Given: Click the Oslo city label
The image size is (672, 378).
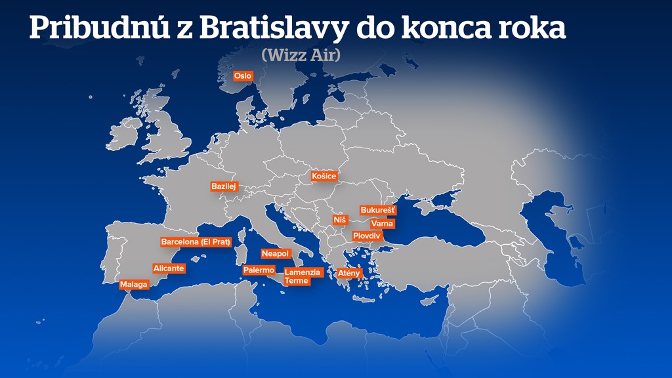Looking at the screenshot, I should tap(243, 76).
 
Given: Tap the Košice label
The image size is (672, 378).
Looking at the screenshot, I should tap(324, 176).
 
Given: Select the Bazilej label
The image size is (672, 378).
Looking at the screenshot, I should tap(223, 186).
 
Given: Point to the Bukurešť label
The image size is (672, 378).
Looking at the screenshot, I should tap(378, 211).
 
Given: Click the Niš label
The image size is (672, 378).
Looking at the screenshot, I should tap(339, 220).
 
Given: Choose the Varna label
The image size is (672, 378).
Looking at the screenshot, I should tap(382, 224).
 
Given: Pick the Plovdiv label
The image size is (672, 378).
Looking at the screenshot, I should tap(367, 236).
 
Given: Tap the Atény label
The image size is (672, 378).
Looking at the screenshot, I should tap(348, 272).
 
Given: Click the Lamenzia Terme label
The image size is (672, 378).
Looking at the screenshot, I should tap(303, 276).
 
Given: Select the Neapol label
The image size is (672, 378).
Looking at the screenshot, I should tap(275, 253).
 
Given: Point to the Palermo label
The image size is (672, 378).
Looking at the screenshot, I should tap(259, 270).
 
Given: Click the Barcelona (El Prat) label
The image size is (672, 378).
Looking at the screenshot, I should tap(196, 242).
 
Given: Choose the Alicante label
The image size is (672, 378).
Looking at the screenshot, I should tap(169, 268).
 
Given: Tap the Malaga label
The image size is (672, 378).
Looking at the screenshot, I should tap(134, 285).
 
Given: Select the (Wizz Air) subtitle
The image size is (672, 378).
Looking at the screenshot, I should tap(301, 55).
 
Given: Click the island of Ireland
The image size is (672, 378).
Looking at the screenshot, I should tap(123, 135).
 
